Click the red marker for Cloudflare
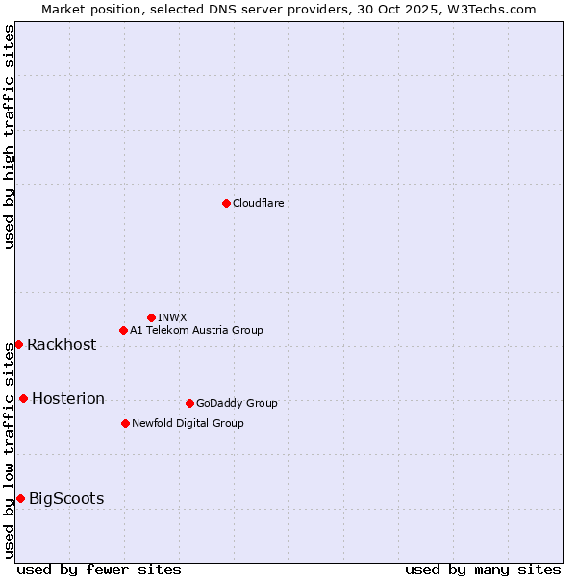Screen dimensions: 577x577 click(x=226, y=203)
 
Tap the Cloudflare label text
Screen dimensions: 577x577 click(x=259, y=203)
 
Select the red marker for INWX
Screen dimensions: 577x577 click(x=151, y=317)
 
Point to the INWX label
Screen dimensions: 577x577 click(x=172, y=317)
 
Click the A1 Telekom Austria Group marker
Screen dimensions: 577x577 click(x=123, y=330)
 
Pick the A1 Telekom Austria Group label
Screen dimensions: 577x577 click(x=196, y=330)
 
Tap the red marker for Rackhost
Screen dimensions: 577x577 click(x=18, y=344)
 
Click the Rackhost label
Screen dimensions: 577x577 click(x=62, y=345)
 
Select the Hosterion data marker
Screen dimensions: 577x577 click(x=23, y=398)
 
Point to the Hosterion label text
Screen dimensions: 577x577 click(x=68, y=399)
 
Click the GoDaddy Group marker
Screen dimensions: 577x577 click(x=189, y=403)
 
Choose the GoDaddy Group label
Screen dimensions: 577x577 click(x=237, y=403)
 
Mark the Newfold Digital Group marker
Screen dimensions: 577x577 click(x=125, y=423)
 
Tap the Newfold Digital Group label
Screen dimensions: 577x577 click(x=188, y=423)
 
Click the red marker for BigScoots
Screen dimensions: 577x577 click(x=20, y=498)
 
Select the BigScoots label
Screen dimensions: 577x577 click(x=66, y=499)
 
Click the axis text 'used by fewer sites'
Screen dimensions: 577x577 click(x=99, y=569)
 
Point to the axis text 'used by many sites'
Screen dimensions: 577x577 click(x=483, y=569)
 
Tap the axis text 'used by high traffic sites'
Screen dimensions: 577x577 click(x=10, y=137)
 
